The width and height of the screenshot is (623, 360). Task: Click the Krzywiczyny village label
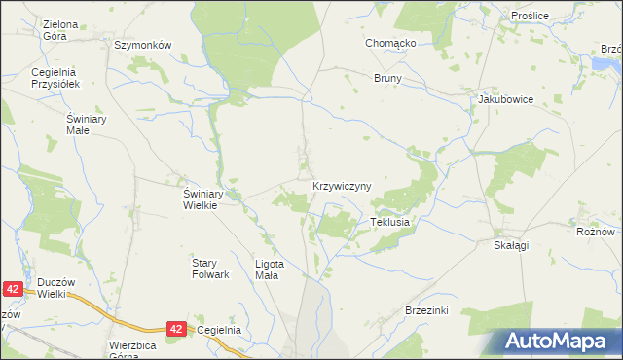pyautogui.click(x=342, y=185)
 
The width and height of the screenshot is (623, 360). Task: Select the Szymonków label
pyautogui.click(x=142, y=46)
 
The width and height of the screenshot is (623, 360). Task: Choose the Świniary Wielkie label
pyautogui.click(x=205, y=198)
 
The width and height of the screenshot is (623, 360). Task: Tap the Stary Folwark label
pyautogui.click(x=210, y=268)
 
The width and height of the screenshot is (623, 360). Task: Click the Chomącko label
pyautogui.click(x=391, y=44)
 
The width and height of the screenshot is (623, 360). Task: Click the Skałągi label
pyautogui.click(x=510, y=246)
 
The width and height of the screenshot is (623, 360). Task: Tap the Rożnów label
pyautogui.click(x=595, y=232)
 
